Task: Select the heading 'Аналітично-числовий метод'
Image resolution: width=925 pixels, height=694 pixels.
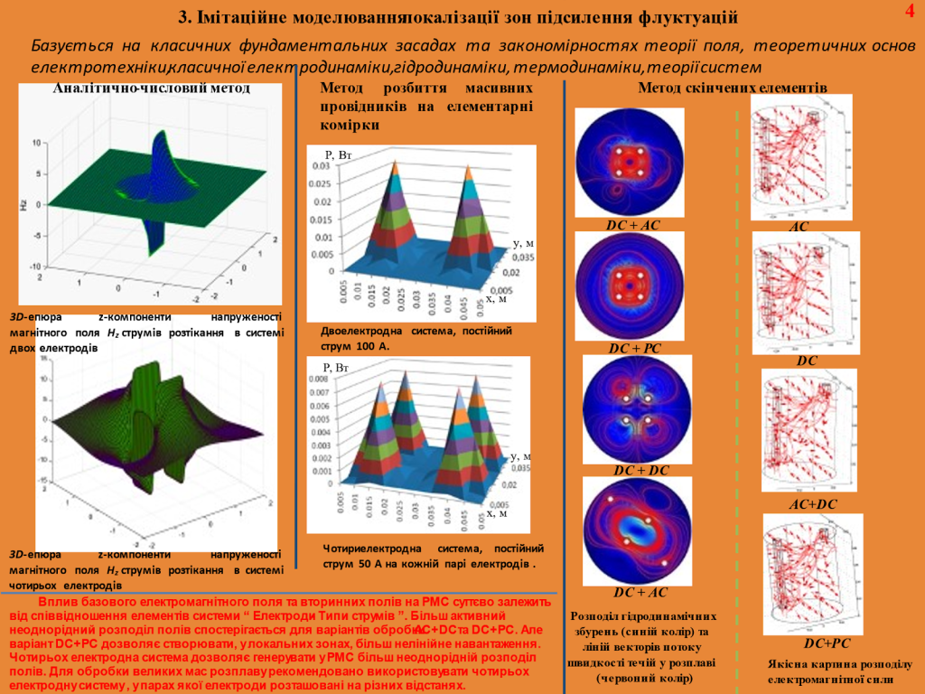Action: point(151,88)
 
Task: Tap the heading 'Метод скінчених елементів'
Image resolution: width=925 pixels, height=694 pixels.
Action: point(733,88)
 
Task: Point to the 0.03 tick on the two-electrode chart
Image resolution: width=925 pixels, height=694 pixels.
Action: point(322,166)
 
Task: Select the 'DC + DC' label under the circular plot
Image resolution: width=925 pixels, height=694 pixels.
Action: point(641,471)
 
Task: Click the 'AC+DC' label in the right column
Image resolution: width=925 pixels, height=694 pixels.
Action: point(813,503)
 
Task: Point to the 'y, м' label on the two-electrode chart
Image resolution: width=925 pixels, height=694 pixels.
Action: point(523,243)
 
